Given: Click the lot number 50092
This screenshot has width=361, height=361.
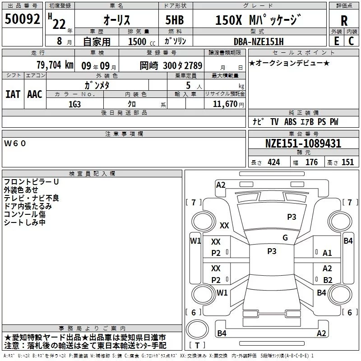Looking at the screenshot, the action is pyautogui.click(x=22, y=19).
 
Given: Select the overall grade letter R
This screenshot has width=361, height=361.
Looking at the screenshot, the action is pyautogui.click(x=344, y=21).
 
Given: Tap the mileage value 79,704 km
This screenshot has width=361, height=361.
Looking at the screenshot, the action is pyautogui.click(x=55, y=65).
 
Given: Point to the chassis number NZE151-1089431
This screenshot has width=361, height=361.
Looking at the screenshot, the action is pyautogui.click(x=303, y=143).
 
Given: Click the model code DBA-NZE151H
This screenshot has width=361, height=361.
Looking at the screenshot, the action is pyautogui.click(x=259, y=42).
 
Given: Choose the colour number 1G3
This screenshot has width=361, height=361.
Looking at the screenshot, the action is pyautogui.click(x=74, y=104).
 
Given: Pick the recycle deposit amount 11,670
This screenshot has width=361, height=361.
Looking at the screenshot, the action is pyautogui.click(x=225, y=104).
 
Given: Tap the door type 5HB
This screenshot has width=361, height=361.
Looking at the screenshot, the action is pyautogui.click(x=175, y=20).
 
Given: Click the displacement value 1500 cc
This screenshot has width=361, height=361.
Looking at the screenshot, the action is pyautogui.click(x=142, y=42).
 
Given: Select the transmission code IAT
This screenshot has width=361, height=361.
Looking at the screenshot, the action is pyautogui.click(x=13, y=94).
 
